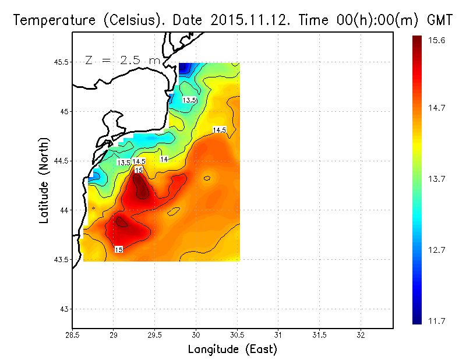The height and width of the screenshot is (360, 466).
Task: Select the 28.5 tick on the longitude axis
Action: click(72, 336)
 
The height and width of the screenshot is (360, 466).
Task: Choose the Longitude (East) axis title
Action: click(232, 350)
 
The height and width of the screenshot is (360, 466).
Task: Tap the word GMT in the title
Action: click(440, 20)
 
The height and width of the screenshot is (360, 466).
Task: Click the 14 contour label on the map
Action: click(164, 159)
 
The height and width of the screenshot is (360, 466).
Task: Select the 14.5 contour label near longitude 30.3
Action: click(220, 130)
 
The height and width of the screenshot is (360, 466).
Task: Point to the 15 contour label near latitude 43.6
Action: click(118, 250)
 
